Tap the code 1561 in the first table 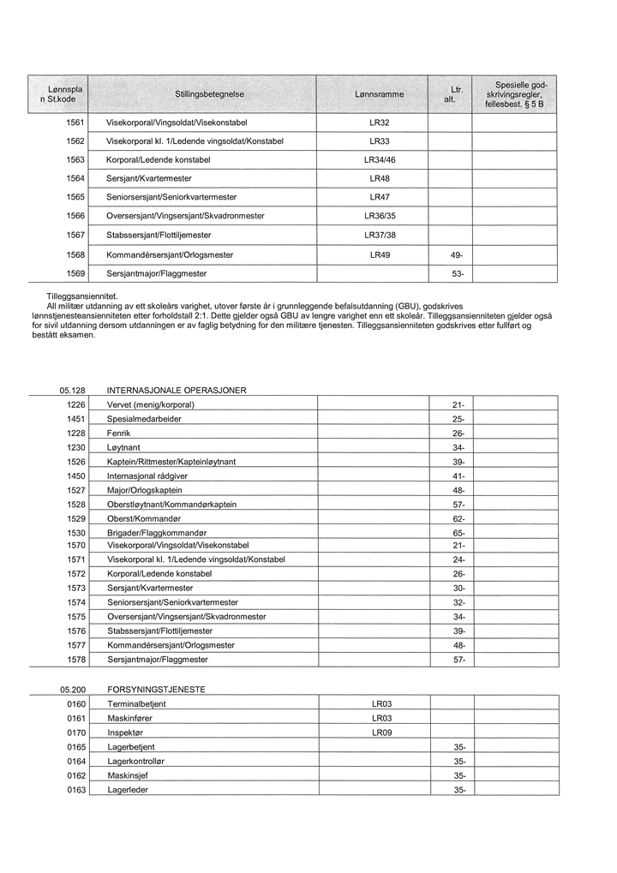click(x=75, y=123)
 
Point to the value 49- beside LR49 click(x=457, y=254)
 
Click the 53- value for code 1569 click(x=457, y=273)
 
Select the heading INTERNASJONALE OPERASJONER click(x=177, y=390)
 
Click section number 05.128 click(x=73, y=390)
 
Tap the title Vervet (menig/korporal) click(x=151, y=404)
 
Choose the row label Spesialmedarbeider click(x=144, y=419)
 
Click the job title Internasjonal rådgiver click(x=147, y=475)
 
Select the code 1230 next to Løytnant click(x=76, y=447)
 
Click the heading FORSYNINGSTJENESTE click(x=156, y=689)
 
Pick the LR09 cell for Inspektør click(x=381, y=732)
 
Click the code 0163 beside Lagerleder click(x=76, y=790)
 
